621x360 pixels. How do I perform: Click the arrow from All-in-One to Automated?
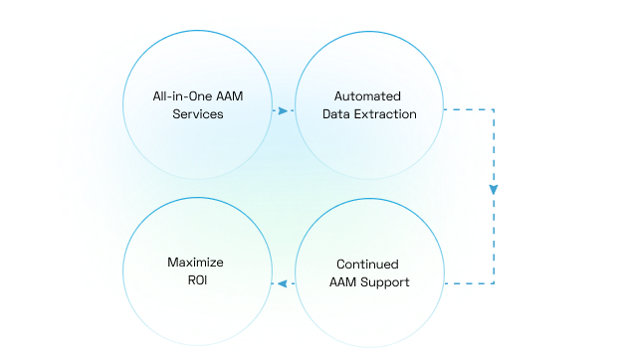pos(282,111)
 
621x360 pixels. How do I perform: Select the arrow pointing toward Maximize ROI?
pos(282,283)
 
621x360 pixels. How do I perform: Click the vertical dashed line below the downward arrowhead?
pos(494,239)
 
